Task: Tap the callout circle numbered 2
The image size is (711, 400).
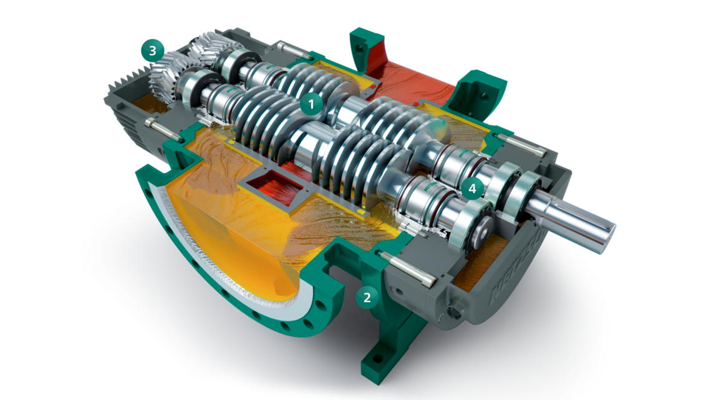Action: (x=367, y=298)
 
